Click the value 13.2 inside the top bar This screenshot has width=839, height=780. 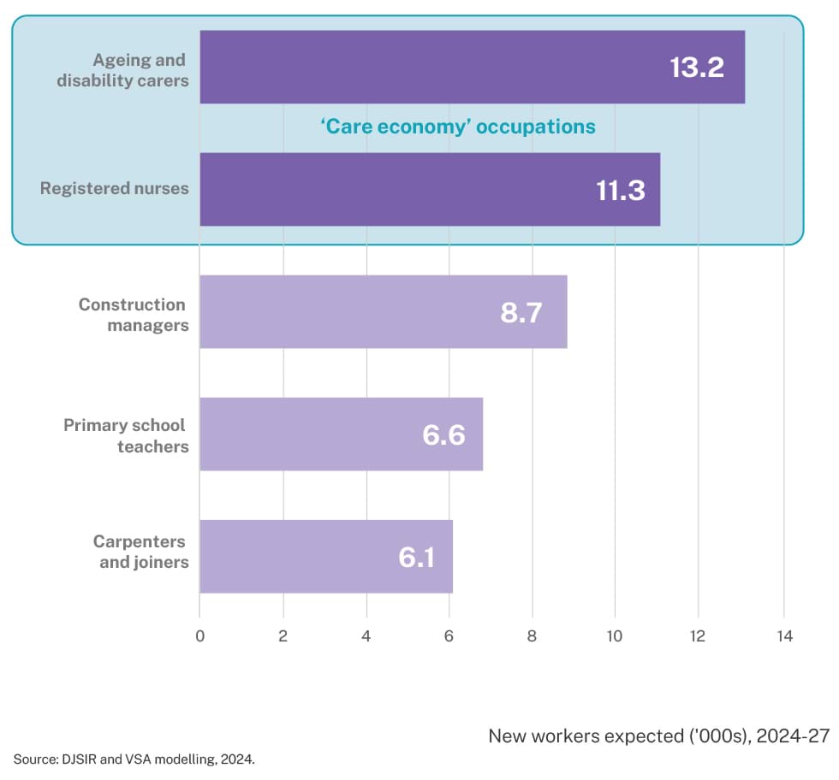[x=697, y=68]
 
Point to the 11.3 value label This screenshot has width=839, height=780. [x=620, y=190]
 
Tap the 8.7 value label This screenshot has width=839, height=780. [x=521, y=312]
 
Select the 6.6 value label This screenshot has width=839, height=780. [x=443, y=434]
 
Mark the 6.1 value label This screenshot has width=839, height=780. [x=417, y=557]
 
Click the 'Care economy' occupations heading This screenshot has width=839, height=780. [x=458, y=127]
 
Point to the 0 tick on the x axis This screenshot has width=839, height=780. [x=199, y=635]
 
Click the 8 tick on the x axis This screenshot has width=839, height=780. [x=533, y=635]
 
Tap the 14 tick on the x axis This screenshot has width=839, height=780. [x=783, y=635]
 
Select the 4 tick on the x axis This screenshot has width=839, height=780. [x=366, y=635]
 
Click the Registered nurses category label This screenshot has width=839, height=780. [x=115, y=188]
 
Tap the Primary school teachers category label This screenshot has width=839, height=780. [x=125, y=434]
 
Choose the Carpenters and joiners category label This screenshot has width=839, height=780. [x=140, y=552]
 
